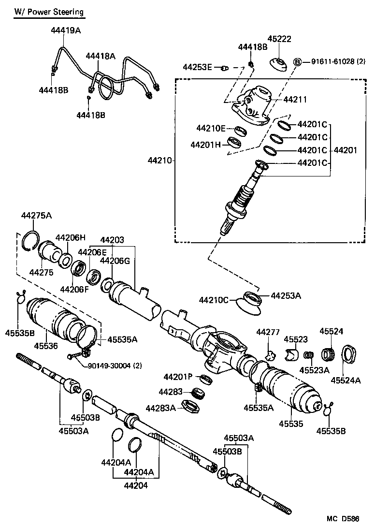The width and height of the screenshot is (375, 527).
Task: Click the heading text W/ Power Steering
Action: (48, 12)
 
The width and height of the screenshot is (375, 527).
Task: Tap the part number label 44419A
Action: (66, 30)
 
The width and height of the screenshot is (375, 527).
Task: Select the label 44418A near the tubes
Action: (101, 56)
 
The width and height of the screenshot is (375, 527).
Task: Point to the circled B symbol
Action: (298, 61)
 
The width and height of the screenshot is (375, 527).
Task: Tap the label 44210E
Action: (211, 128)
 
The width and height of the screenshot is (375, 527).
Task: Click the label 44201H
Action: (205, 145)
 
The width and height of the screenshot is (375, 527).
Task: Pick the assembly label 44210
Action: (160, 160)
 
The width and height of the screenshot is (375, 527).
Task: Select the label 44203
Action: (112, 240)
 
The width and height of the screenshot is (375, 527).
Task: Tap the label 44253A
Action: (286, 295)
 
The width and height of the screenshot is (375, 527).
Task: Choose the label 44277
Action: (268, 332)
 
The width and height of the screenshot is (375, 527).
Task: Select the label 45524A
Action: (346, 381)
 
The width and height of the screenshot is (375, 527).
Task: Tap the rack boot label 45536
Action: (46, 346)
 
